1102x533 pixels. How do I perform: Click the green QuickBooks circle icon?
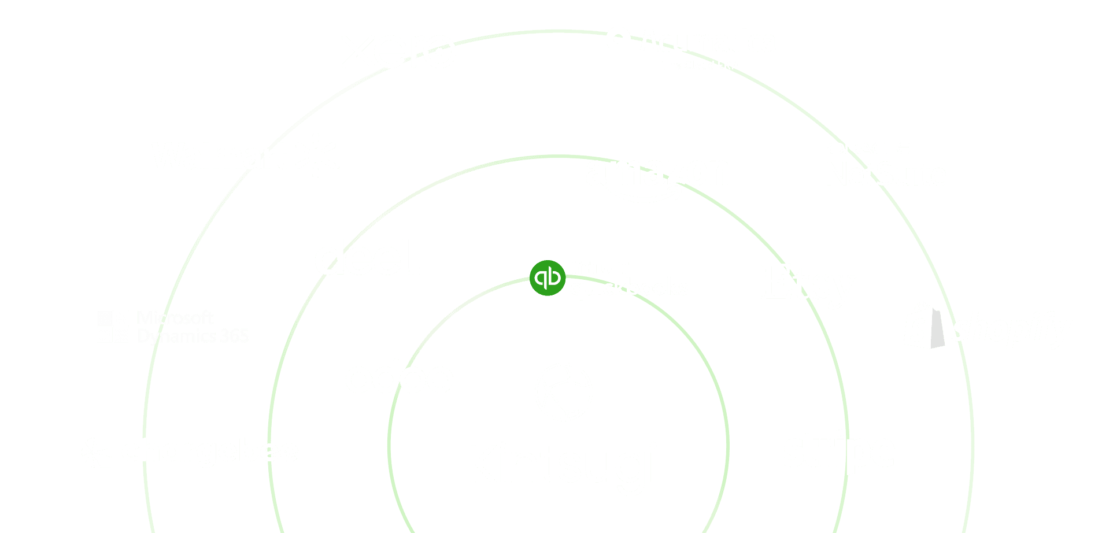pyautogui.click(x=547, y=277)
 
